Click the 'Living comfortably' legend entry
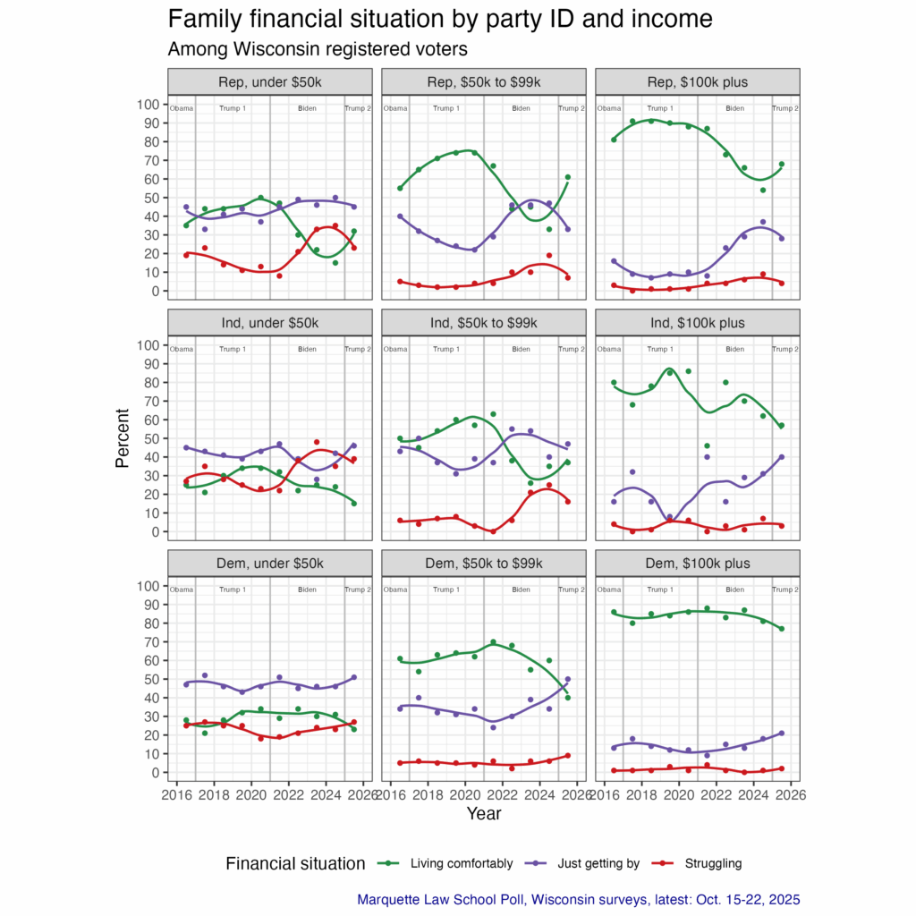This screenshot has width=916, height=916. (x=461, y=863)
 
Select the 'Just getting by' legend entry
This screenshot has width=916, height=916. (x=598, y=863)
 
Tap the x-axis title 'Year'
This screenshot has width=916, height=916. (x=483, y=814)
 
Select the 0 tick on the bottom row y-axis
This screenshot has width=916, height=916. (x=157, y=773)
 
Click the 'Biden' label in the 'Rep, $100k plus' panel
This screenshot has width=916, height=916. (x=734, y=109)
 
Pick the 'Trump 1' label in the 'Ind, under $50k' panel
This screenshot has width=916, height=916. (x=233, y=349)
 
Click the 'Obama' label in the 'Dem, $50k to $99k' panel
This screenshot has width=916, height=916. (x=394, y=589)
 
